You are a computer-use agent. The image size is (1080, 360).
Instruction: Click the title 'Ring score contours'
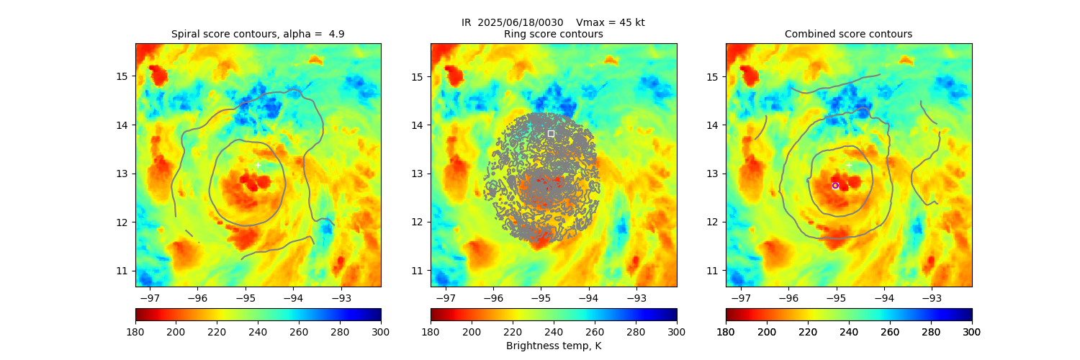553,34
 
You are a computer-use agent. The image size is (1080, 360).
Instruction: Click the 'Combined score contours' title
848,34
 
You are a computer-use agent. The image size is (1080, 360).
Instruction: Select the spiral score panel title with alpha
258,34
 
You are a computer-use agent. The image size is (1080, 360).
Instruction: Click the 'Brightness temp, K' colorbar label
553,346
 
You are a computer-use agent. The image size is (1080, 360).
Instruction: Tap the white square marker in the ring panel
551,133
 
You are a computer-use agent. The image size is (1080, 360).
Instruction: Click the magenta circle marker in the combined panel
835,186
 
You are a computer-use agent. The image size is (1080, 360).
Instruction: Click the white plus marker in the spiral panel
258,165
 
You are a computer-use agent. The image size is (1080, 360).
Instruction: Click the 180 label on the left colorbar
135,331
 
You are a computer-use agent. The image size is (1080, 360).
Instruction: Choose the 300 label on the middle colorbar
677,331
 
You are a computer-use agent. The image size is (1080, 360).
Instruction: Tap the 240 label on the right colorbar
849,331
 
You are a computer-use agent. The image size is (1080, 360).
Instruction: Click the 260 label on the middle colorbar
595,331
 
